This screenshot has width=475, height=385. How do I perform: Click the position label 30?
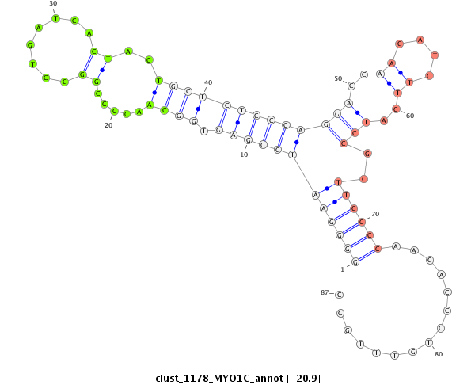[x=53, y=3]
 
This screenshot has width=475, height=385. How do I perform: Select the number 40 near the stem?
[x=208, y=82]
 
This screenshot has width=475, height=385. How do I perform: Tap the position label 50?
[x=338, y=78]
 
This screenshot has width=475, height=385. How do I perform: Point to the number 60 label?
[x=410, y=116]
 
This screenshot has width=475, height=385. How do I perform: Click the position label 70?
[x=375, y=214]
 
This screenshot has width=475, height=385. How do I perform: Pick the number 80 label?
[x=439, y=354]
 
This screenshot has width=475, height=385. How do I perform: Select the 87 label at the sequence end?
[x=325, y=292]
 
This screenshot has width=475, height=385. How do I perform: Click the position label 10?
[x=244, y=154]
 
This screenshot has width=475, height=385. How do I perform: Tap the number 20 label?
[x=108, y=125]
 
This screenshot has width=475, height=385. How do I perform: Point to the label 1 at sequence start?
[x=343, y=269]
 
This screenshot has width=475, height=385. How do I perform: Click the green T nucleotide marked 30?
[x=55, y=18]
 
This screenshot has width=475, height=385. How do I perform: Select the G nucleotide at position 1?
[x=355, y=261]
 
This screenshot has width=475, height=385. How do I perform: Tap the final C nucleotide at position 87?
[x=340, y=295]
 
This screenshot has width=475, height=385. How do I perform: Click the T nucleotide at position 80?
[x=428, y=343]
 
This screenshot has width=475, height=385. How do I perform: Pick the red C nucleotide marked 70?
[x=362, y=223]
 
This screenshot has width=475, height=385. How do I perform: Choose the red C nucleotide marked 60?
[x=397, y=109]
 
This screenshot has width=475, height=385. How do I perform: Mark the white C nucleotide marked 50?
[x=351, y=86]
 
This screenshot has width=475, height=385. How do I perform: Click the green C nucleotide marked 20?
[x=114, y=111]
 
